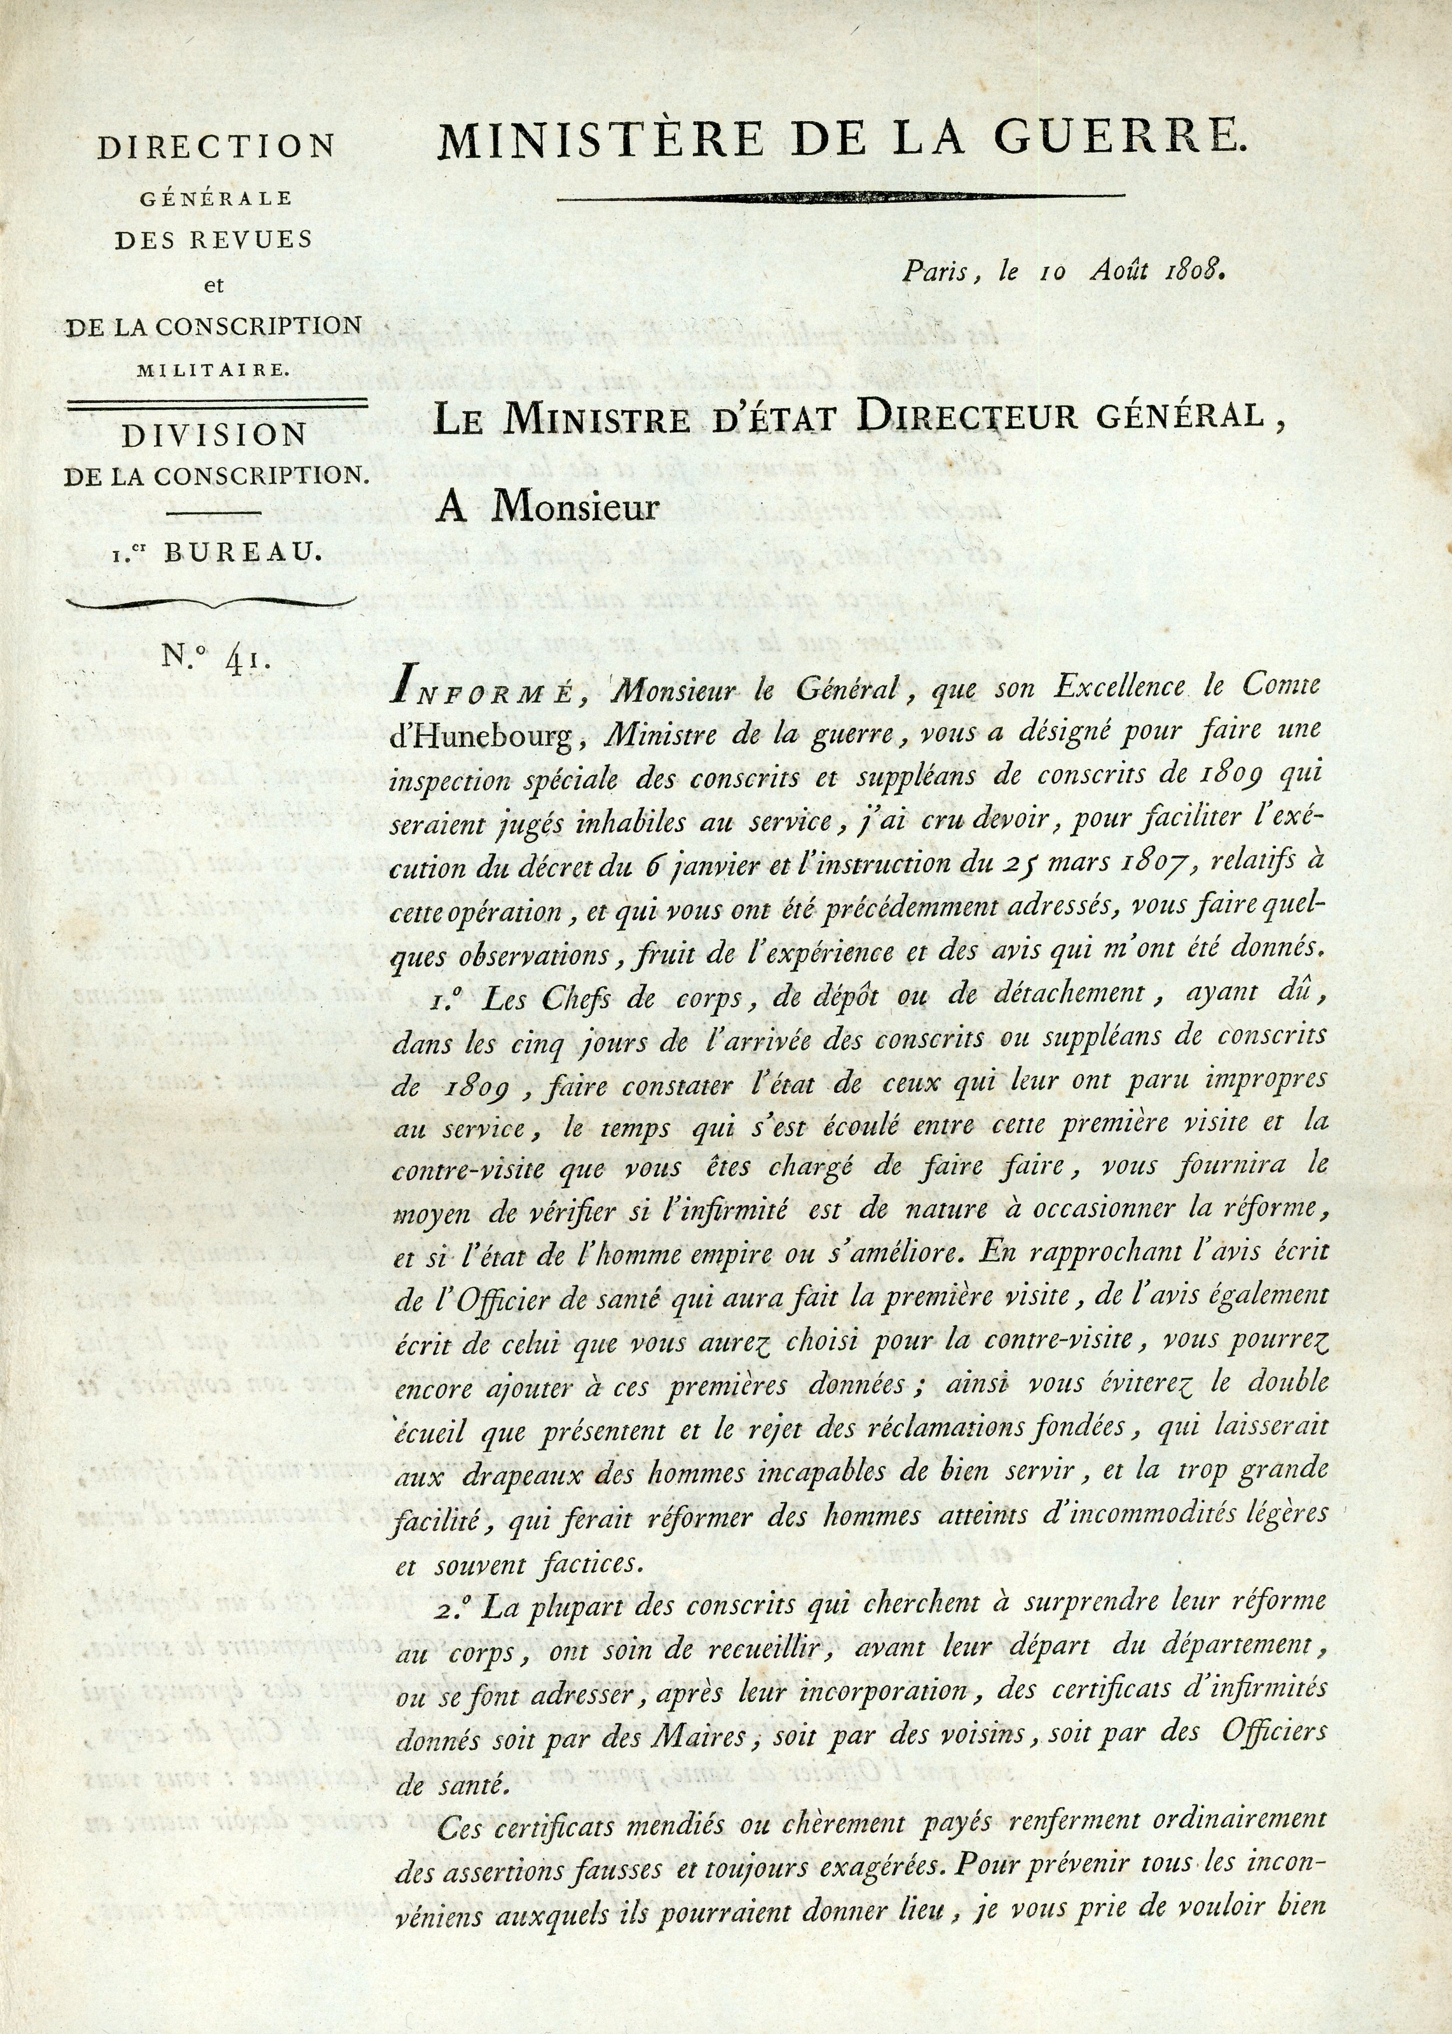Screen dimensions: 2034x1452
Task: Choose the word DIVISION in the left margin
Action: coord(215,435)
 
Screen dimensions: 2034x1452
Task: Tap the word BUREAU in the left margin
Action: coord(241,553)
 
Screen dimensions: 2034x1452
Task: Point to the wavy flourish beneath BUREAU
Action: coord(213,604)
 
